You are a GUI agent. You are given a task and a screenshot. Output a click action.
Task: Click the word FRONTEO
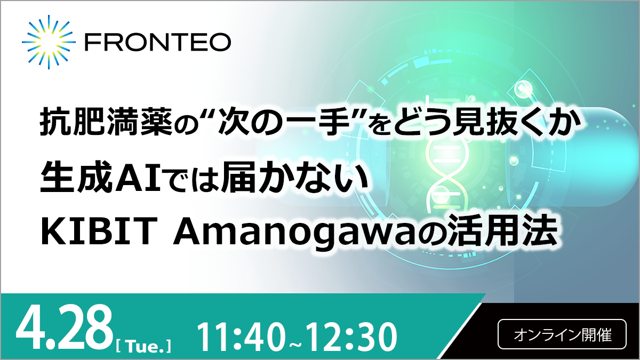158,42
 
